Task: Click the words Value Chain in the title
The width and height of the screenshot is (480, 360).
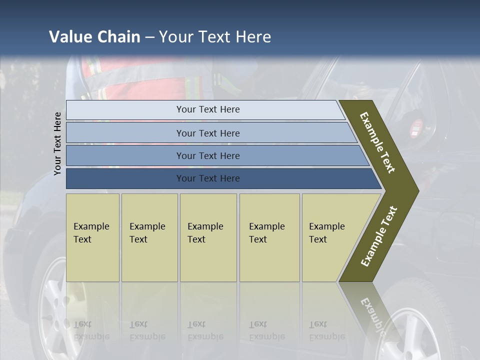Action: (x=94, y=37)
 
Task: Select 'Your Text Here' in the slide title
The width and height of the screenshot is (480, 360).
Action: (x=215, y=37)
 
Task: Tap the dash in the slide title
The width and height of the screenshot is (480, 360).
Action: (x=149, y=37)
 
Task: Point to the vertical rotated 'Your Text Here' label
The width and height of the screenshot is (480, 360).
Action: (x=57, y=143)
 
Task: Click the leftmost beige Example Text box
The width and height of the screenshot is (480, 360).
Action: (x=92, y=237)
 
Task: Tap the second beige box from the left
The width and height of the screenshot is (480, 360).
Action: (x=149, y=237)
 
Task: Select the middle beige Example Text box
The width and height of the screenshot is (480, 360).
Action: (x=208, y=237)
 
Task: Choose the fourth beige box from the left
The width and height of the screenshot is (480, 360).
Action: (x=269, y=237)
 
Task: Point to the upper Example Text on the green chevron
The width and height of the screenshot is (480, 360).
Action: (x=377, y=142)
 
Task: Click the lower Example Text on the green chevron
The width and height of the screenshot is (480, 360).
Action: (x=378, y=236)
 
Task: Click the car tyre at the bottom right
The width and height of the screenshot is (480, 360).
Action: (x=425, y=320)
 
